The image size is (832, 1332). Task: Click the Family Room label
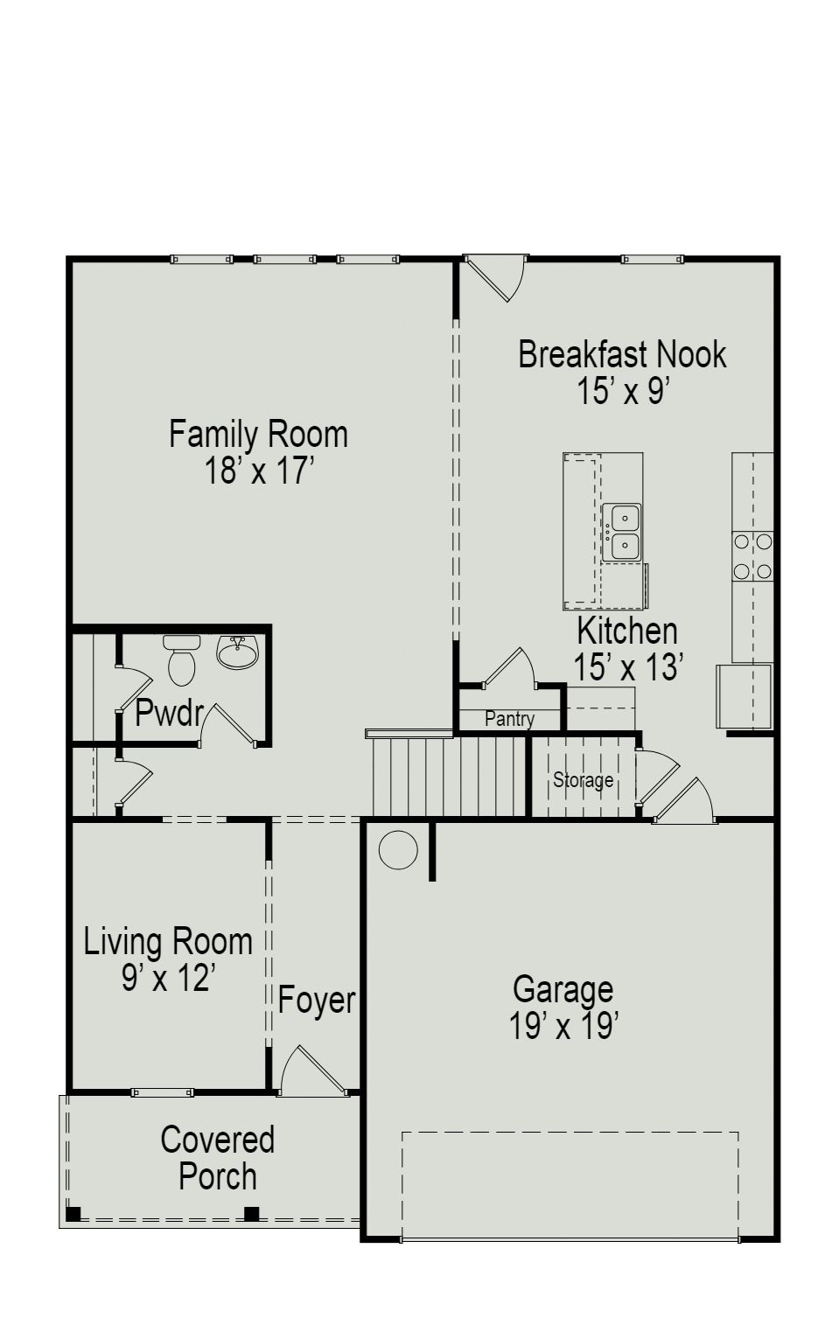click(258, 435)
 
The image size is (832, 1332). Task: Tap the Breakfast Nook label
click(622, 354)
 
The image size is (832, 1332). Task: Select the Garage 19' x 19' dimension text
click(564, 1026)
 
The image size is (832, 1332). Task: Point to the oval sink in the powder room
click(237, 652)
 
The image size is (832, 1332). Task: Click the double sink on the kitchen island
click(625, 532)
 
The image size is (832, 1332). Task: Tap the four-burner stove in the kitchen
click(752, 556)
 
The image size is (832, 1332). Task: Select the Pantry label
click(509, 719)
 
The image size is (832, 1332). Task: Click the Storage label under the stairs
click(583, 779)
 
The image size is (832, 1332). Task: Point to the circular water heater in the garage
click(398, 849)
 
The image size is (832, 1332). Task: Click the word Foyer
click(317, 1001)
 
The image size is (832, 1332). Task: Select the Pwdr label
click(169, 713)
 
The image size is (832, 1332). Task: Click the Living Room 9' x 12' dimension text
click(168, 978)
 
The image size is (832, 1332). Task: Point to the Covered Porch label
click(217, 1158)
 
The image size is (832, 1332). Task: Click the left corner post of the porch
click(73, 1213)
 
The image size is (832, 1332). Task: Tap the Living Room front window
click(162, 1092)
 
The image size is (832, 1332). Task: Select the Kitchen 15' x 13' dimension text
click(627, 667)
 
